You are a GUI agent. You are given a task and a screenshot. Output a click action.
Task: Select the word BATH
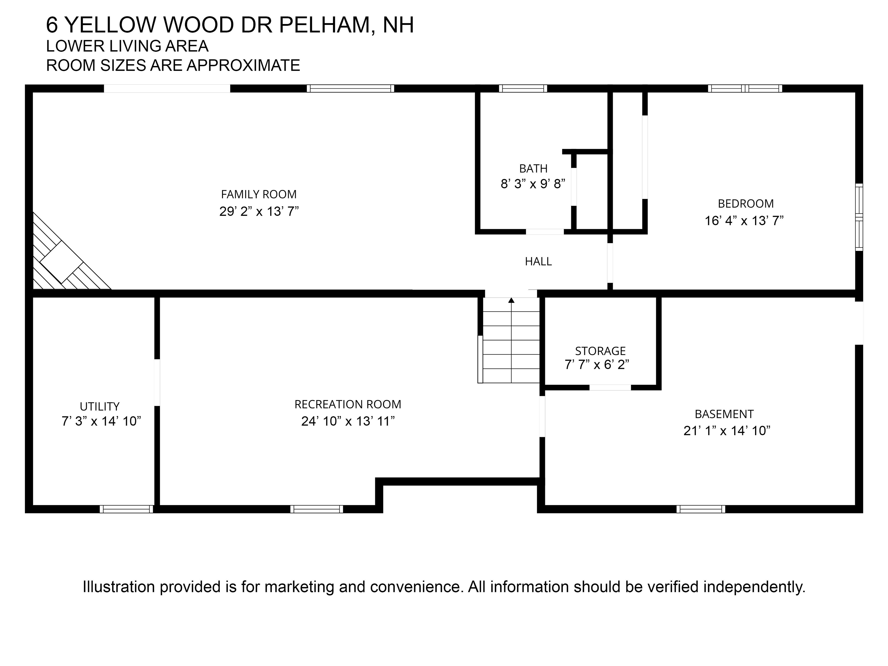point(533,169)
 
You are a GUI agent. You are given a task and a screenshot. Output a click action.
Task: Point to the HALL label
point(538,261)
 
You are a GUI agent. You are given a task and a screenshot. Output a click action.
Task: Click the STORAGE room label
point(600,351)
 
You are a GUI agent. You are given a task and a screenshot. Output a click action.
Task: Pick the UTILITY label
point(99,407)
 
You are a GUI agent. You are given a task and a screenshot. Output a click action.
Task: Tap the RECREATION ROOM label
point(348,404)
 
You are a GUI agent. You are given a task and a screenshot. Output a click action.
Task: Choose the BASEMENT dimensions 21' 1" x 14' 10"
point(727,431)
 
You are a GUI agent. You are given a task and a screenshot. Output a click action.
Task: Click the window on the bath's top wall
point(523,88)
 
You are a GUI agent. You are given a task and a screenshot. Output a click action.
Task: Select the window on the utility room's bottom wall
point(126,509)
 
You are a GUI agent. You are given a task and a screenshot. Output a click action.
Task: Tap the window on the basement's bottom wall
point(700,509)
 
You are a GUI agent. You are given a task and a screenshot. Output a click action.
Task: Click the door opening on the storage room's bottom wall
point(610,387)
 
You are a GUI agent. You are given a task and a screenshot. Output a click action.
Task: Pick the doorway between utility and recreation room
point(157,382)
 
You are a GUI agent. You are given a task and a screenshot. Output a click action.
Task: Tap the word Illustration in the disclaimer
point(119,587)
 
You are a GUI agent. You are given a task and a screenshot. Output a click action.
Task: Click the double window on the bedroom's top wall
point(745,88)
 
